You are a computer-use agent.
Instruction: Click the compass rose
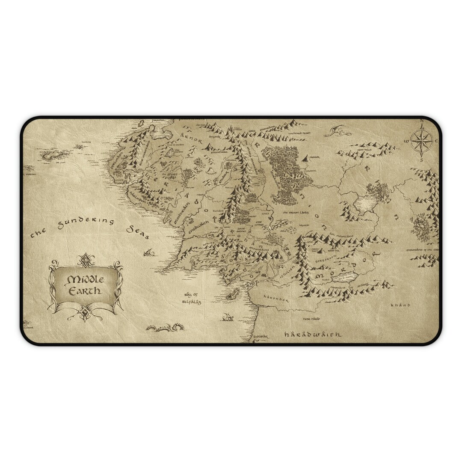pos(421,139)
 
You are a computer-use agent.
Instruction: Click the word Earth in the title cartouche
pos(86,291)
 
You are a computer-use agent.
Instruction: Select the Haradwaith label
pos(313,334)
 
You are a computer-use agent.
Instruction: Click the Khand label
pos(400,305)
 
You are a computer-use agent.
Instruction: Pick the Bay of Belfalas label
pos(191,298)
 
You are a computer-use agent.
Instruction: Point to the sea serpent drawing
pos(164,328)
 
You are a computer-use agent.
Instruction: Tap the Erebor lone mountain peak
pos(305,158)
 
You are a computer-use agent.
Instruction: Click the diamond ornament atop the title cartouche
pos(86,258)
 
